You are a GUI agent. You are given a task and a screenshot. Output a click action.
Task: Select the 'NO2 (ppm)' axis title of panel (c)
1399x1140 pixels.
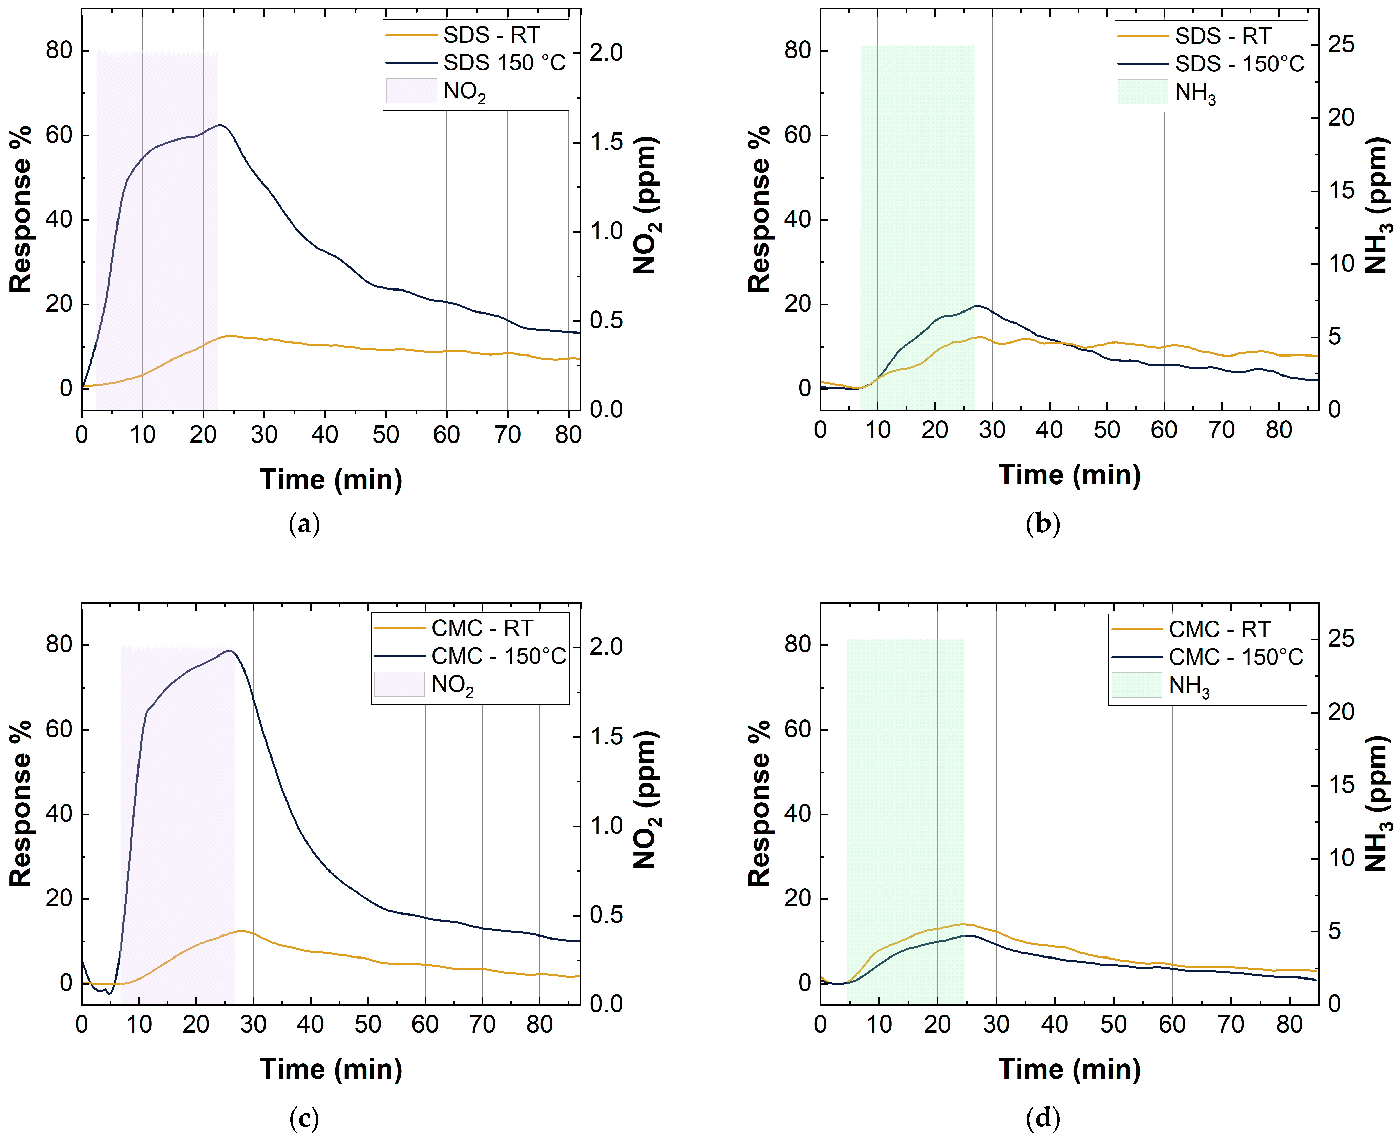pyautogui.click(x=645, y=800)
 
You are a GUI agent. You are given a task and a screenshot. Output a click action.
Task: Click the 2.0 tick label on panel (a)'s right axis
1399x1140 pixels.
pyautogui.click(x=606, y=52)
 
